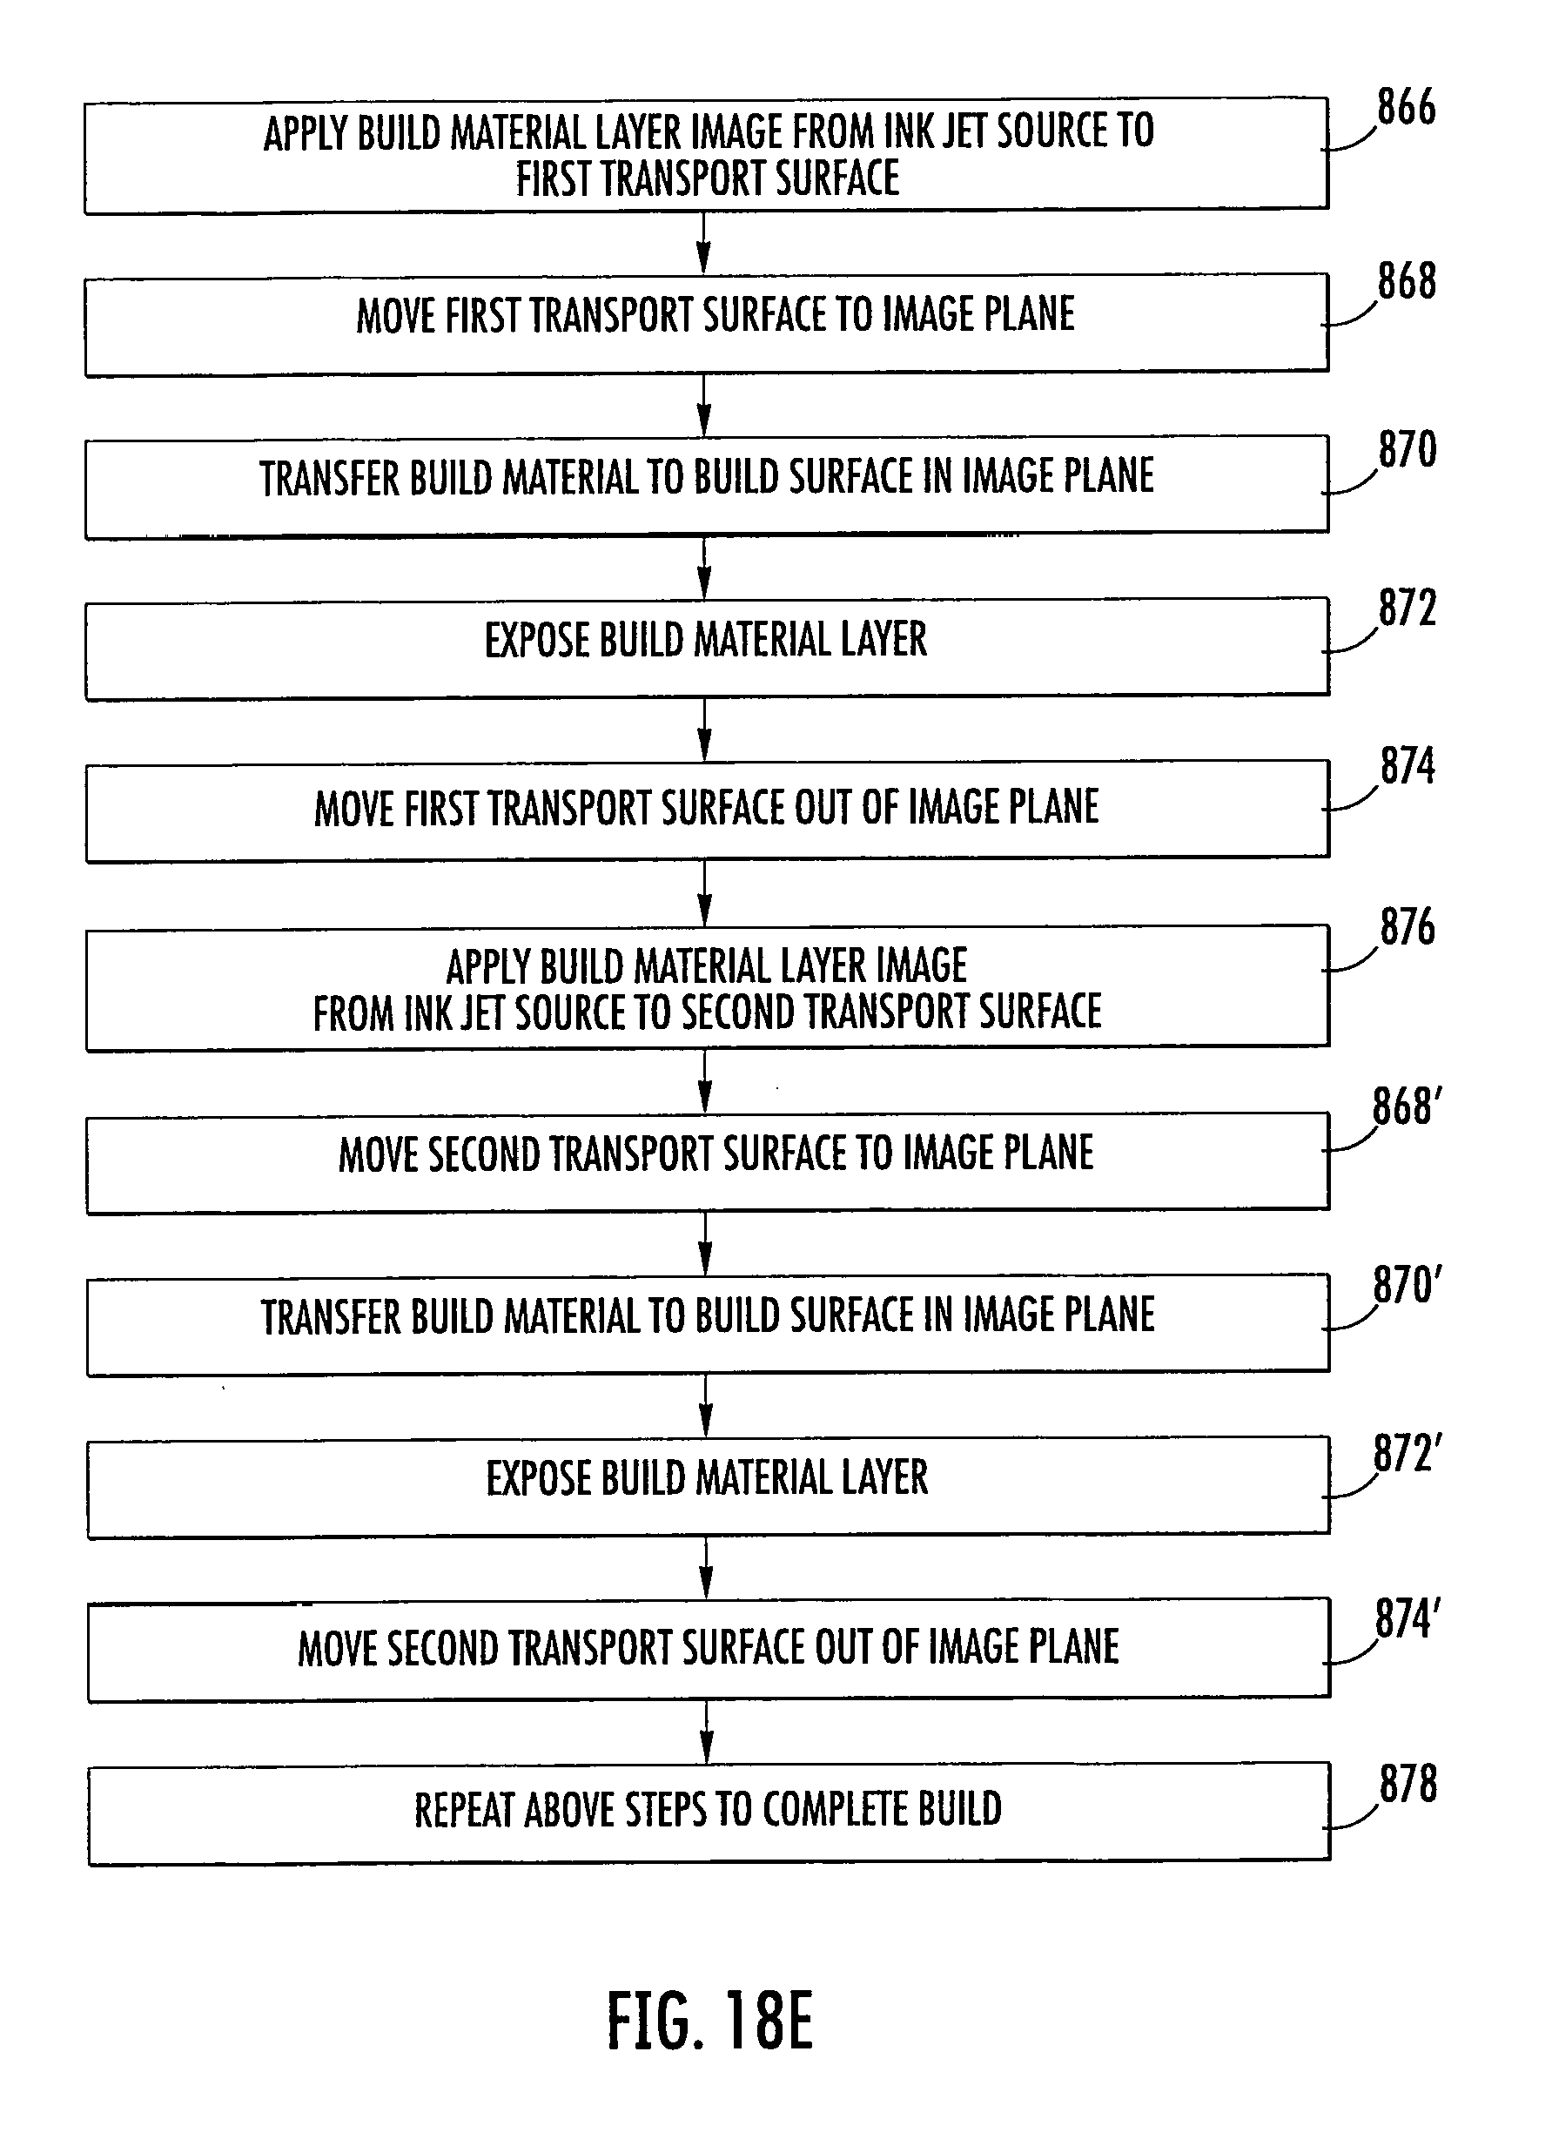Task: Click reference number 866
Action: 1406,109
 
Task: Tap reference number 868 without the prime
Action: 1406,282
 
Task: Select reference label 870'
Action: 1406,1287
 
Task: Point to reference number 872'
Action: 1407,1453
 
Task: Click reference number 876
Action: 1407,928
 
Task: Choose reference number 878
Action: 1408,1785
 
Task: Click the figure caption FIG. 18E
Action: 709,2022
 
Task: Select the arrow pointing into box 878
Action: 707,1732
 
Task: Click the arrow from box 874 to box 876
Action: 705,892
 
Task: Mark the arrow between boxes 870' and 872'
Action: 706,1405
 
